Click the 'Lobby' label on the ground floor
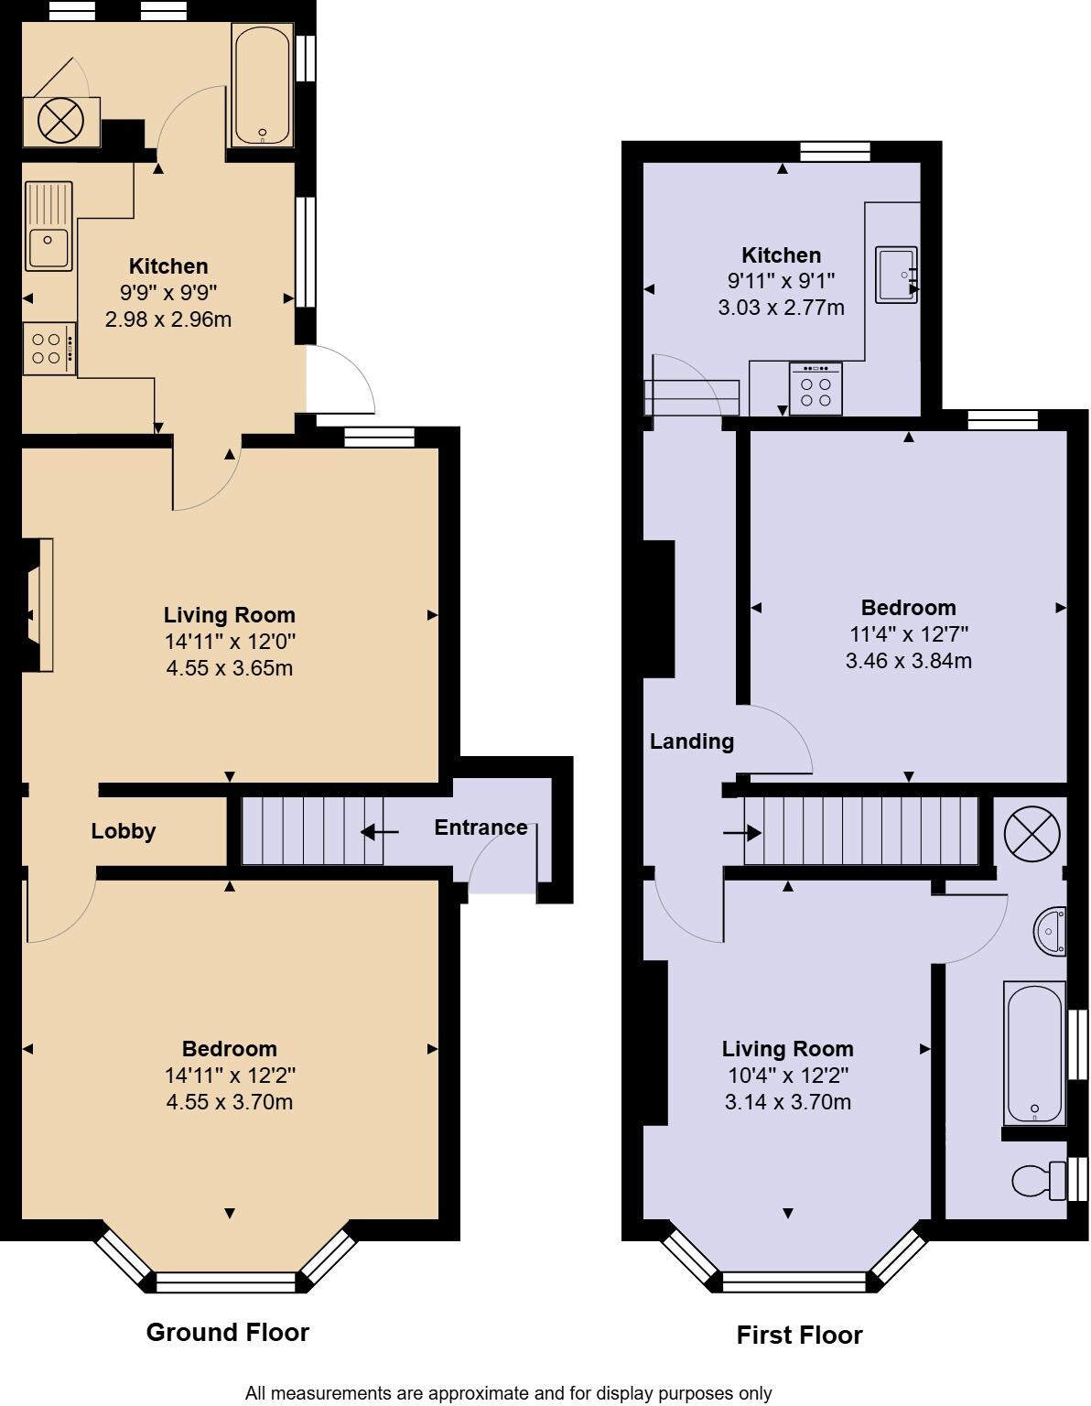[124, 831]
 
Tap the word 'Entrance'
[481, 827]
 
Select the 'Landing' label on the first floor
[692, 741]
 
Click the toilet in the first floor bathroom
[1037, 1181]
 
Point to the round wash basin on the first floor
[1050, 932]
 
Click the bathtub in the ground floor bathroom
[263, 85]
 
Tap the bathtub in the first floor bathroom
[1034, 1053]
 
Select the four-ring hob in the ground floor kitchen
[49, 349]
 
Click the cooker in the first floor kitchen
[816, 389]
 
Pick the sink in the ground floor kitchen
[49, 226]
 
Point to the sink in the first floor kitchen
[896, 274]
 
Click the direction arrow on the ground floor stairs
[379, 832]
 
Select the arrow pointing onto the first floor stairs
[741, 833]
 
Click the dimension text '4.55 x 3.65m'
[230, 668]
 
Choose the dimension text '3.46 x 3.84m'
[909, 660]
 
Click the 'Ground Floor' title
[228, 1332]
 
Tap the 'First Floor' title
[799, 1335]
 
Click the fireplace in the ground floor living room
[37, 605]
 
